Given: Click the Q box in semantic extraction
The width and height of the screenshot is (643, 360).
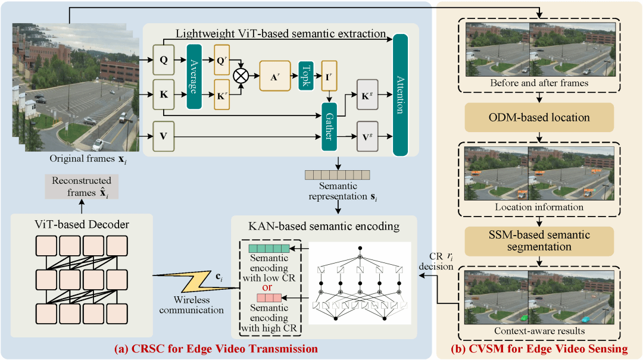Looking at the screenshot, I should [x=163, y=60].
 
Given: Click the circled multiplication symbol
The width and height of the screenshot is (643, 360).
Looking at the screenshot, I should [x=242, y=76].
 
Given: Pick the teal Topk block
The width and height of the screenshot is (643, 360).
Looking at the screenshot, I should [x=305, y=76].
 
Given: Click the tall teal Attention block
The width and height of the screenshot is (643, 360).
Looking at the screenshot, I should [x=400, y=95].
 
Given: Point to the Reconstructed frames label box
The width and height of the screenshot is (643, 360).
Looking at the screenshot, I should [x=81, y=187].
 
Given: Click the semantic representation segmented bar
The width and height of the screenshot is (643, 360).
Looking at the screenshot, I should [x=337, y=174].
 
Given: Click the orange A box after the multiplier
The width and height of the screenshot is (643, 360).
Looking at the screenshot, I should [x=274, y=77].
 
